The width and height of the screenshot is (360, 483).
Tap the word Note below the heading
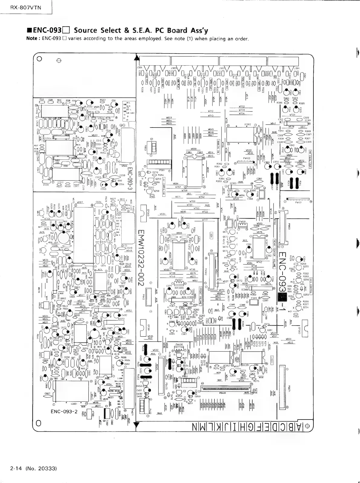[32, 39]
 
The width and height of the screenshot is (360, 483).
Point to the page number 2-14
[15, 469]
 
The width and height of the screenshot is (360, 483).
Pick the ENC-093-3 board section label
[129, 179]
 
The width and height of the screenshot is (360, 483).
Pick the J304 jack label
[139, 67]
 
